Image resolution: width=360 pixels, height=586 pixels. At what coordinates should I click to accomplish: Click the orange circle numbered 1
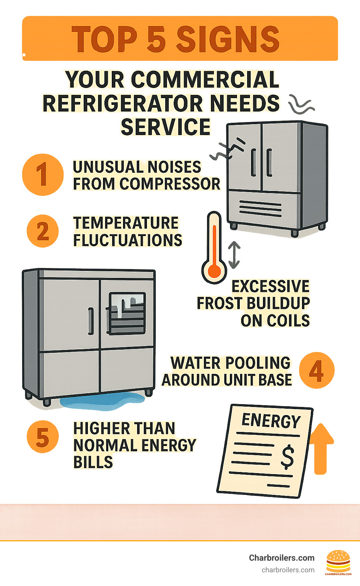[43, 174]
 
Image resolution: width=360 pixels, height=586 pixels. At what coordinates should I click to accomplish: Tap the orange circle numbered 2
[43, 231]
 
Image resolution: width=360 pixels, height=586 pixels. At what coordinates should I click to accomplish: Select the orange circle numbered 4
[316, 370]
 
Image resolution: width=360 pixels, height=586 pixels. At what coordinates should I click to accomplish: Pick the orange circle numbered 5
[43, 437]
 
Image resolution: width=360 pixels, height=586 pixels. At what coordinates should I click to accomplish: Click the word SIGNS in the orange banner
[228, 39]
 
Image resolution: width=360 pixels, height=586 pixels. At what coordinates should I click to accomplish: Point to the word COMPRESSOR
[170, 184]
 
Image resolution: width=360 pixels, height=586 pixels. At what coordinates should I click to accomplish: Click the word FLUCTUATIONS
[128, 241]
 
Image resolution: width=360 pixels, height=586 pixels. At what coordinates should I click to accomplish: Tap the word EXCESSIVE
[270, 286]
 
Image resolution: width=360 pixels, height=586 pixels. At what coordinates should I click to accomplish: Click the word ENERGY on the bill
[271, 421]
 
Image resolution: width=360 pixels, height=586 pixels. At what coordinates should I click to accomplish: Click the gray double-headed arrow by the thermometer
[234, 255]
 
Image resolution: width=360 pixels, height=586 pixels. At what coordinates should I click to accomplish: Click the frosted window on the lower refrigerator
[127, 313]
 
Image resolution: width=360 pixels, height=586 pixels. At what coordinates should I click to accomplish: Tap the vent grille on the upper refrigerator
[260, 208]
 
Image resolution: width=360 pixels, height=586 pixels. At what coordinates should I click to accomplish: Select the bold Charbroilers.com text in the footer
[282, 558]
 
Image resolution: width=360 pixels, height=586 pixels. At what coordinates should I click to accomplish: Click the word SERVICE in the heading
[165, 127]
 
